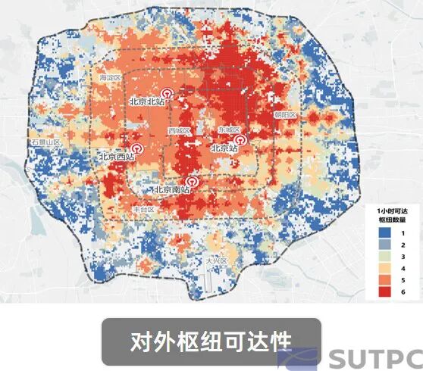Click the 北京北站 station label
(x=149, y=100)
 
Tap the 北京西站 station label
(x=117, y=157)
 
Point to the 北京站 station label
(x=224, y=148)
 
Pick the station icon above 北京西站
(x=137, y=148)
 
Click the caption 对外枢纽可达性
(x=211, y=341)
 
